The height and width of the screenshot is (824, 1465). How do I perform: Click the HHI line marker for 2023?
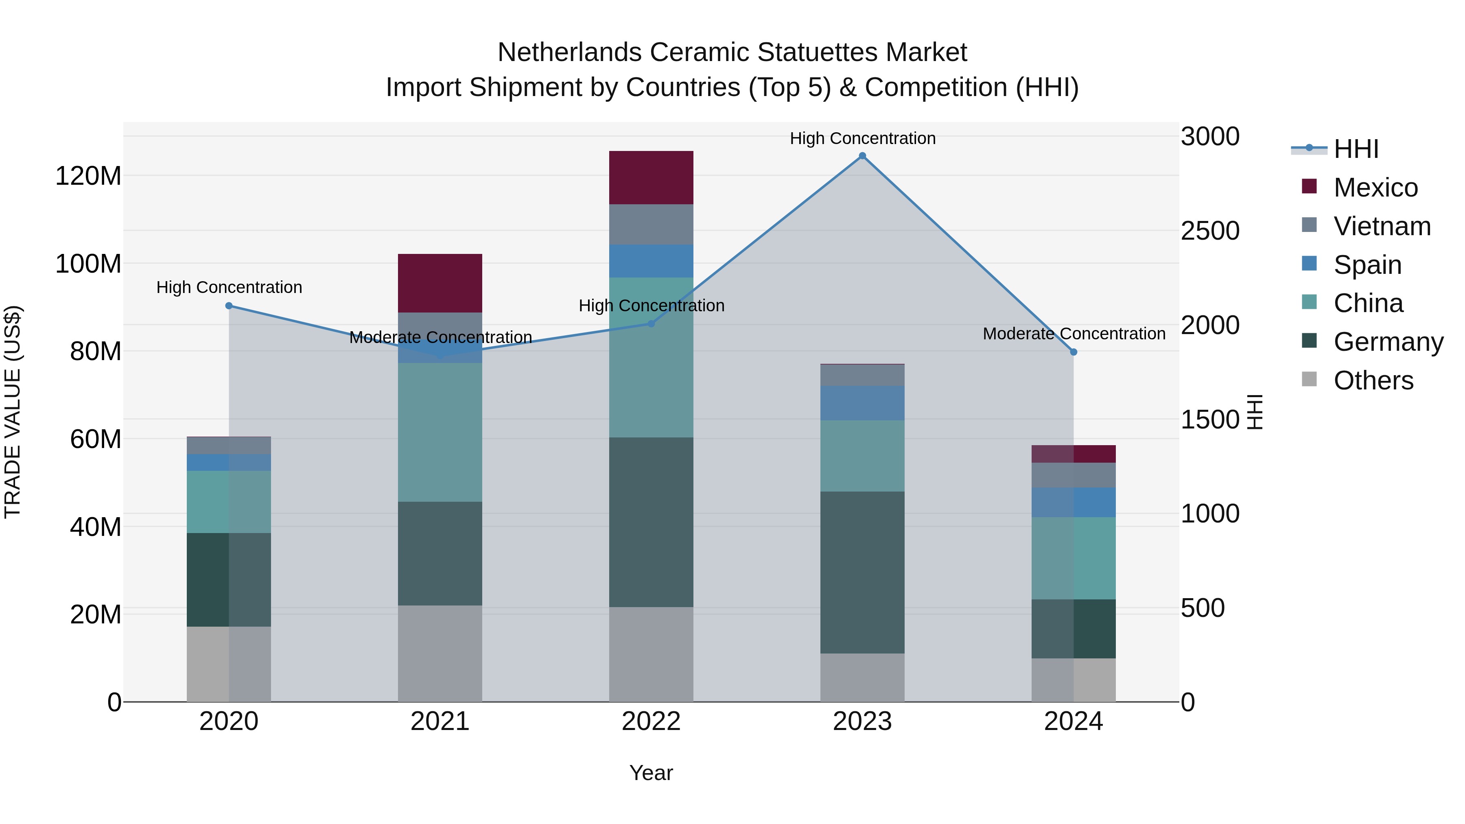(862, 156)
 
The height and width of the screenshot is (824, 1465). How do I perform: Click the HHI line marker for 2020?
(229, 306)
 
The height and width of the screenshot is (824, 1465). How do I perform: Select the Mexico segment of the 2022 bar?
(651, 177)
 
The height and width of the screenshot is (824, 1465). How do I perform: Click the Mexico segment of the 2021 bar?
(439, 283)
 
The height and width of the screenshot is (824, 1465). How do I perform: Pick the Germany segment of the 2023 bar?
(862, 572)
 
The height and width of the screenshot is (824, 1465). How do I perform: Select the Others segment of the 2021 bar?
(439, 654)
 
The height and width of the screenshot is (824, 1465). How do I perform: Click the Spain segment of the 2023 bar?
(862, 403)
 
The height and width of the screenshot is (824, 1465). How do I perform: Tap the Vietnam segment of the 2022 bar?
(651, 225)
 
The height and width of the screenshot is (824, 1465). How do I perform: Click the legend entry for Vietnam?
(1382, 226)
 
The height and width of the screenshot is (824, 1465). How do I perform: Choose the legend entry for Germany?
(1388, 342)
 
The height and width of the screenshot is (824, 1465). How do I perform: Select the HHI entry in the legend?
(1356, 149)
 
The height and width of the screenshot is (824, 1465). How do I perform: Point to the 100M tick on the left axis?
(88, 264)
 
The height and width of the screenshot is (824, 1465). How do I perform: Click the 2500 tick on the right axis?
(1210, 231)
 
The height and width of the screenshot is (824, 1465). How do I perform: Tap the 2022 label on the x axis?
(651, 721)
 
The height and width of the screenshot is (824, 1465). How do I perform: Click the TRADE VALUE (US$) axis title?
(13, 412)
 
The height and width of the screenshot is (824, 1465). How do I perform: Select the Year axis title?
(651, 773)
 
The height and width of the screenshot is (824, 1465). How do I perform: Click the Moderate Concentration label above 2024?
(1074, 334)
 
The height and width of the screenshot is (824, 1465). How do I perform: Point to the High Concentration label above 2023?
(862, 138)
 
